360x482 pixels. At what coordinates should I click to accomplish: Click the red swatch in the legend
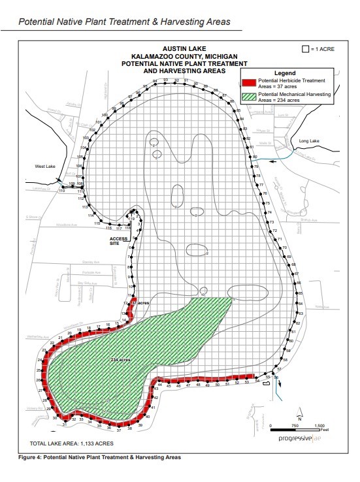point(248,82)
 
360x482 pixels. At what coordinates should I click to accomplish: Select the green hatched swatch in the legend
point(248,97)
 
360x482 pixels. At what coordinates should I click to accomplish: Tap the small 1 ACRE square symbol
point(304,49)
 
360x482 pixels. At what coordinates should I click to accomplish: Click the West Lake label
point(44,167)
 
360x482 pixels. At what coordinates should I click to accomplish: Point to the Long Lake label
point(308,141)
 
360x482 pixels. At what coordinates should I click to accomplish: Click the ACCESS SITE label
point(118,240)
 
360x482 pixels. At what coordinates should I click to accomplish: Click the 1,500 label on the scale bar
point(319,425)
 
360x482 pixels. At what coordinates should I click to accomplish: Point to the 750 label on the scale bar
point(295,425)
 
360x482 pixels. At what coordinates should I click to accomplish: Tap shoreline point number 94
point(155,80)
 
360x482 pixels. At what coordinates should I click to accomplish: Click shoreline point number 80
point(255,157)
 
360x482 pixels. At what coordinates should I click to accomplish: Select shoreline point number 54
point(257,380)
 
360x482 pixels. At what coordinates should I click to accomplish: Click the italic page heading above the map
point(124,22)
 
